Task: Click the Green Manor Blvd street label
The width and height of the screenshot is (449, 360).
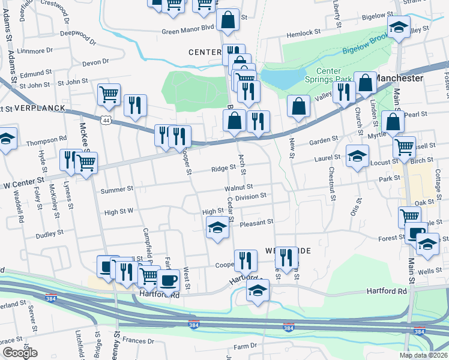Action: [x=187, y=28]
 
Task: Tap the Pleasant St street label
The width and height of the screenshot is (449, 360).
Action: [x=256, y=222]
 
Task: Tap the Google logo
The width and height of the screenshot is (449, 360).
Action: [x=20, y=353]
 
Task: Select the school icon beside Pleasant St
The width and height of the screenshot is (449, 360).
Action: [x=218, y=228]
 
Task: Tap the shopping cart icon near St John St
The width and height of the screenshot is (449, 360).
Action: [x=109, y=94]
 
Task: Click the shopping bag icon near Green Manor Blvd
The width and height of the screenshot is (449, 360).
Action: [x=228, y=20]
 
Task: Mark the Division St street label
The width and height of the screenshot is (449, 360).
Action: [x=250, y=196]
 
